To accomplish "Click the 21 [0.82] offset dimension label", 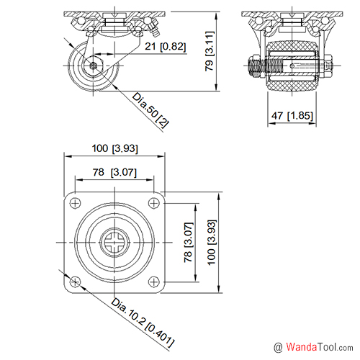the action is pyautogui.click(x=166, y=46).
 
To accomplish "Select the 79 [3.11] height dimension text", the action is pyautogui.click(x=210, y=51).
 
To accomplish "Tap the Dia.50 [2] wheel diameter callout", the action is pyautogui.click(x=150, y=110).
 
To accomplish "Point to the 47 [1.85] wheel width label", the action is pyautogui.click(x=292, y=116).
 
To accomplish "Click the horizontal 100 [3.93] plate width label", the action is pyautogui.click(x=115, y=148).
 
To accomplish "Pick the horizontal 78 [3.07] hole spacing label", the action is pyautogui.click(x=114, y=172).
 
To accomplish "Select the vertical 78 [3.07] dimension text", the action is pyautogui.click(x=189, y=243).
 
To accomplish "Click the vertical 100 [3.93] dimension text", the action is pyautogui.click(x=212, y=243).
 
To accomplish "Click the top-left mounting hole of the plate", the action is pyautogui.click(x=75, y=203).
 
